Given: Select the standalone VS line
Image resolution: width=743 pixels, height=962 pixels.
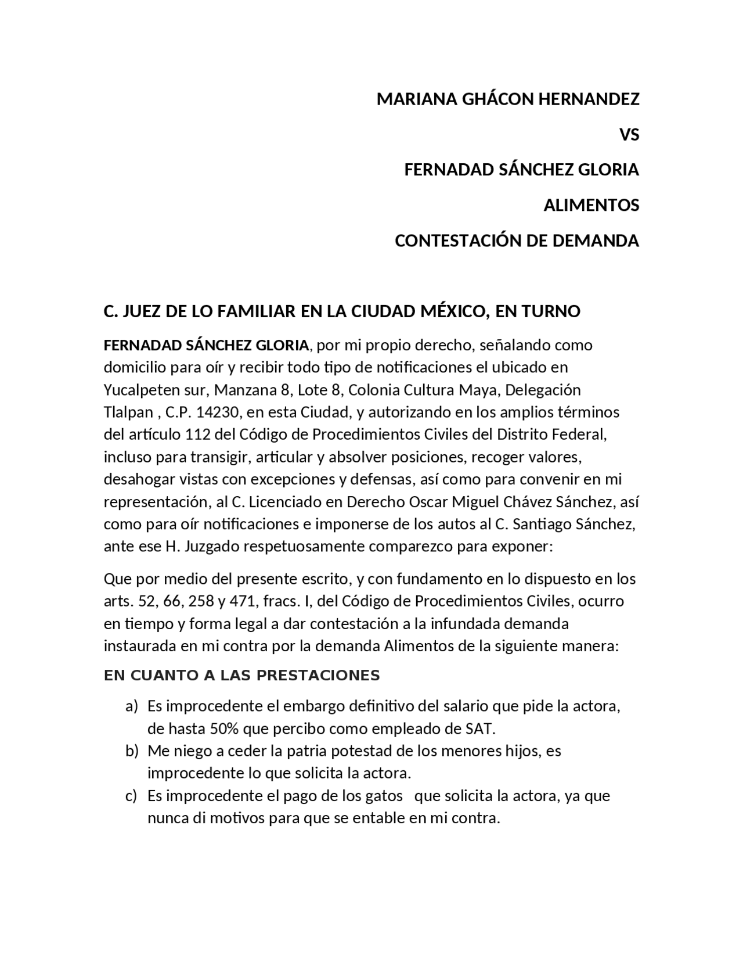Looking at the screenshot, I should [x=629, y=135].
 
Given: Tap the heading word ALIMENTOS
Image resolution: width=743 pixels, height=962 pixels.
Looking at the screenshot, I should [x=591, y=205].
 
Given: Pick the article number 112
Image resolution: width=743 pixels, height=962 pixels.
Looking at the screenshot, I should [x=197, y=435].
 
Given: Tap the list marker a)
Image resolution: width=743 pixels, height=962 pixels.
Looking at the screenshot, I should [x=132, y=706].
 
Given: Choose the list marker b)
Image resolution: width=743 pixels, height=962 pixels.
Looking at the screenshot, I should [x=132, y=751].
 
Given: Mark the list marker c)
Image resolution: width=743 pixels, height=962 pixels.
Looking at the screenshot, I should [x=131, y=795].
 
